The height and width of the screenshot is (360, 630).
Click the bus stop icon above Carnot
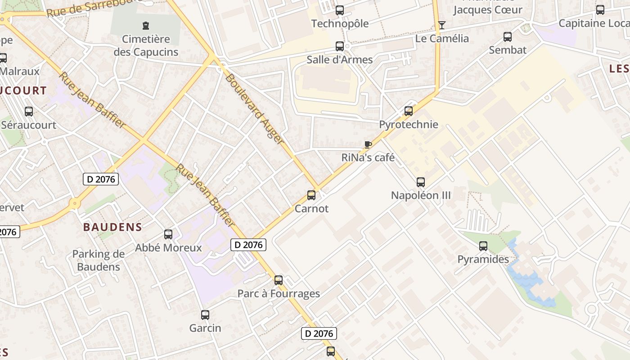click(x=311, y=195)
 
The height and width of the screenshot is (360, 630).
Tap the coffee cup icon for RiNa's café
click(x=368, y=144)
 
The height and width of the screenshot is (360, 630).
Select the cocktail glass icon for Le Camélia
click(x=442, y=25)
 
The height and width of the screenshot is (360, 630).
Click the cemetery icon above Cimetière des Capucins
click(x=146, y=26)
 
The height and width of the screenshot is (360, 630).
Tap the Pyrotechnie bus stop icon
click(x=408, y=111)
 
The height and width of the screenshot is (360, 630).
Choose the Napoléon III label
click(x=421, y=195)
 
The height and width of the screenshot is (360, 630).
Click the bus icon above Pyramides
click(x=483, y=246)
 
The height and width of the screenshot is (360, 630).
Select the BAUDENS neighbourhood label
click(x=112, y=227)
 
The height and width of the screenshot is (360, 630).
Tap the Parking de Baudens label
click(x=99, y=260)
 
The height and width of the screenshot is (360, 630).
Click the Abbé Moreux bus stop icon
click(x=168, y=234)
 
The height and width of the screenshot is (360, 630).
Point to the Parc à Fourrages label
click(x=279, y=294)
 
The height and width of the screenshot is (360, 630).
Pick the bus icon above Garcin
click(x=205, y=315)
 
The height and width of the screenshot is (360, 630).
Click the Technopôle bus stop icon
click(x=340, y=10)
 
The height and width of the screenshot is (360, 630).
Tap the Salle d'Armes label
click(x=340, y=59)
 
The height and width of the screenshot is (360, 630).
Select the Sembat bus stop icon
click(x=508, y=37)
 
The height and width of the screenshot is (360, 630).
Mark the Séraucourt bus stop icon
click(x=29, y=111)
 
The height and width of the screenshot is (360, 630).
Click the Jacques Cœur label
click(x=487, y=9)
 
